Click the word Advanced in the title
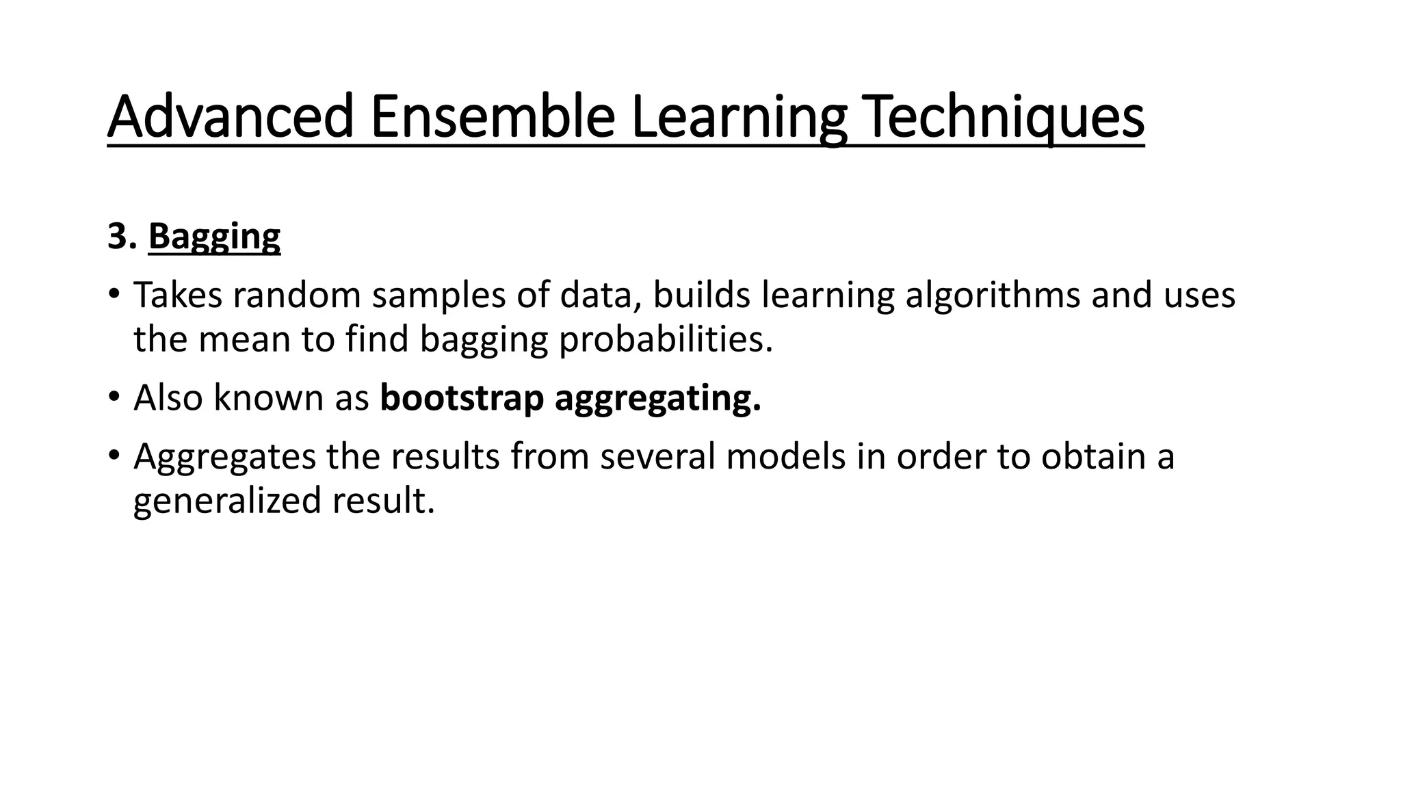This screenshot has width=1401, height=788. [230, 116]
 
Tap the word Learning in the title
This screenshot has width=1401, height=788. [738, 116]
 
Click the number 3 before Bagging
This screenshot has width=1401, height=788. [118, 236]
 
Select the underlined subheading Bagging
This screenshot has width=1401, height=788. [214, 236]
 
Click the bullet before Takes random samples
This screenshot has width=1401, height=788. [114, 295]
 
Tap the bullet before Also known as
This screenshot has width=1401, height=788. [114, 397]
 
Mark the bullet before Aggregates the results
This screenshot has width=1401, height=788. [114, 456]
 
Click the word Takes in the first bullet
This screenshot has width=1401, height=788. [178, 295]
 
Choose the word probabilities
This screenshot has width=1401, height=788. [665, 339]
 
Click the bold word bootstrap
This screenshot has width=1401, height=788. [462, 397]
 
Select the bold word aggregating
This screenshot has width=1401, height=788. [657, 397]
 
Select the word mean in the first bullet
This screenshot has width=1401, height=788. [244, 339]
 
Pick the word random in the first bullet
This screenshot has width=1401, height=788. [296, 295]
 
